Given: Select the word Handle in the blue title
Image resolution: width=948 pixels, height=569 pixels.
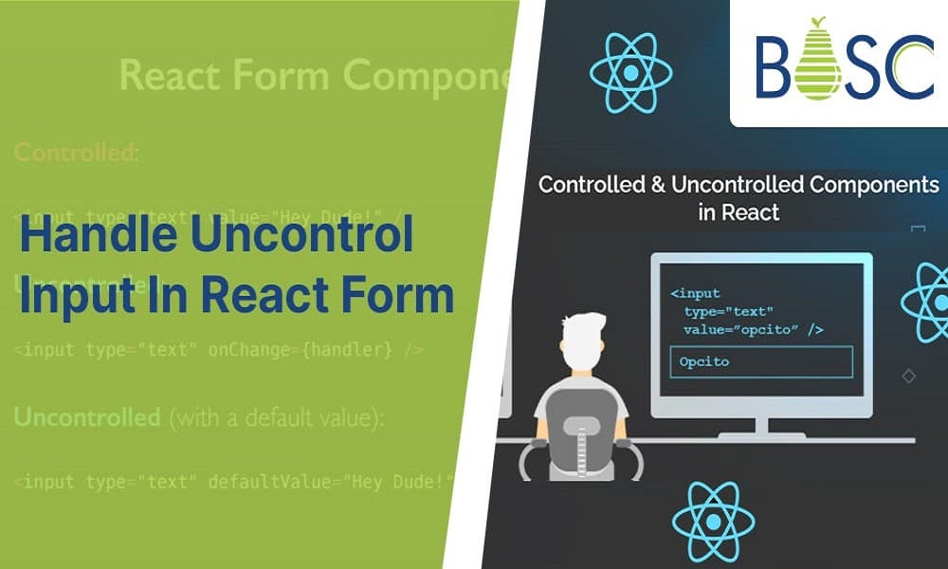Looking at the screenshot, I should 94,235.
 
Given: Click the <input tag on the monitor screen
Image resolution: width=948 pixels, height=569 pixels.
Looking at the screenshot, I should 696,294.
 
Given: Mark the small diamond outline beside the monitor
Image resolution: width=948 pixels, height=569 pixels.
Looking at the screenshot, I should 908,376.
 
